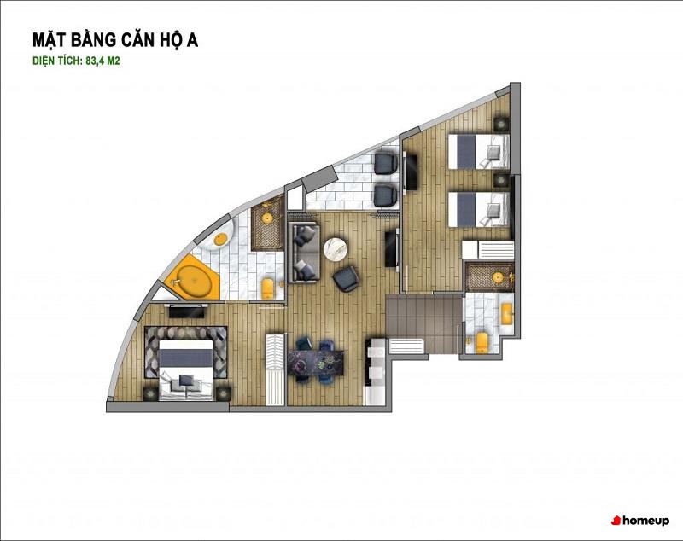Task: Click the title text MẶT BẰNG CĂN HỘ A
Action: [x=115, y=39]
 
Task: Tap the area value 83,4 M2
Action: [x=102, y=61]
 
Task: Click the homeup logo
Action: [x=639, y=521]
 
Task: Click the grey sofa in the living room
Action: [x=304, y=253]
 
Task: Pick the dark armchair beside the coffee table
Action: [x=347, y=279]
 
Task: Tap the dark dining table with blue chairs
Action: [x=315, y=361]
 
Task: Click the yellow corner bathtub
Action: [x=193, y=279]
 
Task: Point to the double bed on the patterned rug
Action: [x=186, y=370]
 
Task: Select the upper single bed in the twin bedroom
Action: [x=478, y=151]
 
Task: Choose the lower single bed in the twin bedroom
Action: [x=478, y=209]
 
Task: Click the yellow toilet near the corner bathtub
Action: [x=268, y=289]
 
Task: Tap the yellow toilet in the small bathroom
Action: [x=482, y=342]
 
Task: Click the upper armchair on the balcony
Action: [x=386, y=162]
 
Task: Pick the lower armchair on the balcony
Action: [x=386, y=196]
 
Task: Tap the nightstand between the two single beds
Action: [x=501, y=181]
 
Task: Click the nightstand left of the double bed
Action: [x=151, y=393]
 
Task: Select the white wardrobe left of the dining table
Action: [x=275, y=369]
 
